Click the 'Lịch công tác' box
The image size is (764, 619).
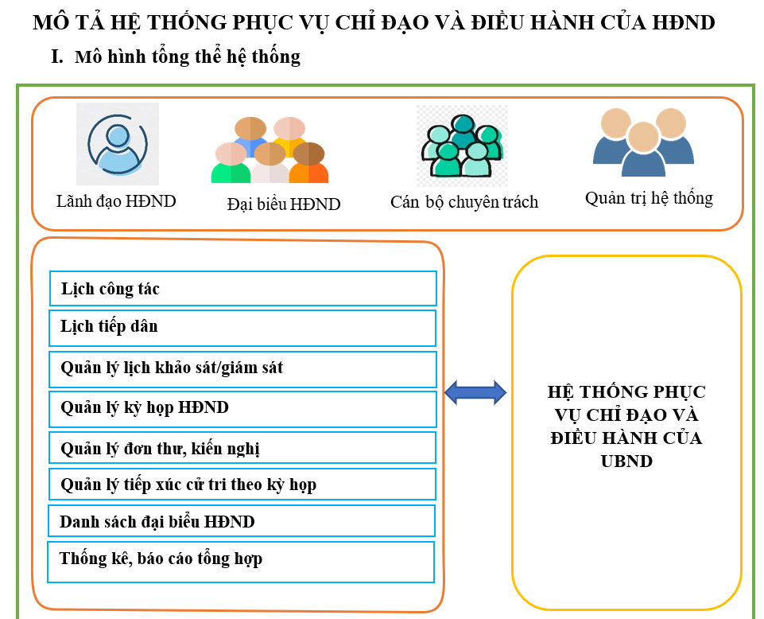coord(243,288)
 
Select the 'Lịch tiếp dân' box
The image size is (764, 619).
coord(243,327)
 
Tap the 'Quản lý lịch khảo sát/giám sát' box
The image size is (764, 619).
coord(243,368)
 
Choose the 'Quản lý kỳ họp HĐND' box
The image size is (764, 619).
coord(243,408)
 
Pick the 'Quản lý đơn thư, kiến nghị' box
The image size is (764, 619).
coord(243,448)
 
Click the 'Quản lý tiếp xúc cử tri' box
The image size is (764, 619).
coord(243,485)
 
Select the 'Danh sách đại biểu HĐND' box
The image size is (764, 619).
coord(242,521)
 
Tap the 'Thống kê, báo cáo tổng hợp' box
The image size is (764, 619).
coord(242,561)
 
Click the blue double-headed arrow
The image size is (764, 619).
coord(475,391)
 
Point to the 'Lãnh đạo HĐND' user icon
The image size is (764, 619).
coord(118,144)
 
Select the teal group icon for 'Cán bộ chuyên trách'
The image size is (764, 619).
coord(462,146)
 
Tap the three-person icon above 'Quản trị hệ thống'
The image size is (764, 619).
coord(643,142)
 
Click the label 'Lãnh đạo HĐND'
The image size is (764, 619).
coord(116,201)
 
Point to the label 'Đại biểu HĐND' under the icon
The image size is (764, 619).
coord(284,204)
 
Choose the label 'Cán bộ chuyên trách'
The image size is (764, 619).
coord(464,202)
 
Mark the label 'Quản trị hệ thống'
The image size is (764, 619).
coord(649,198)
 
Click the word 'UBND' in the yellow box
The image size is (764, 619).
coord(626,461)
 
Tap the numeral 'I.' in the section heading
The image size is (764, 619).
coord(56,56)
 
